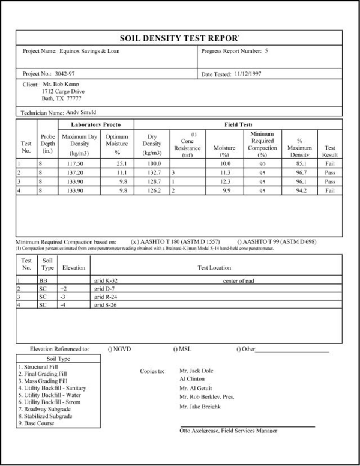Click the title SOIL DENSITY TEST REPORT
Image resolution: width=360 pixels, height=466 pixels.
pyautogui.click(x=180, y=38)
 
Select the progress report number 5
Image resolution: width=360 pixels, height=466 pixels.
pyautogui.click(x=267, y=51)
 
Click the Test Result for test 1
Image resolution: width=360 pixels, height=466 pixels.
pyautogui.click(x=329, y=163)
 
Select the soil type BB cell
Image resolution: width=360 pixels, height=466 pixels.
pyautogui.click(x=44, y=279)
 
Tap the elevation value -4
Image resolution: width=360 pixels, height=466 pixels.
pyautogui.click(x=63, y=306)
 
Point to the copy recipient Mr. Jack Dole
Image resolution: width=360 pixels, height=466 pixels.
pyautogui.click(x=197, y=371)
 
